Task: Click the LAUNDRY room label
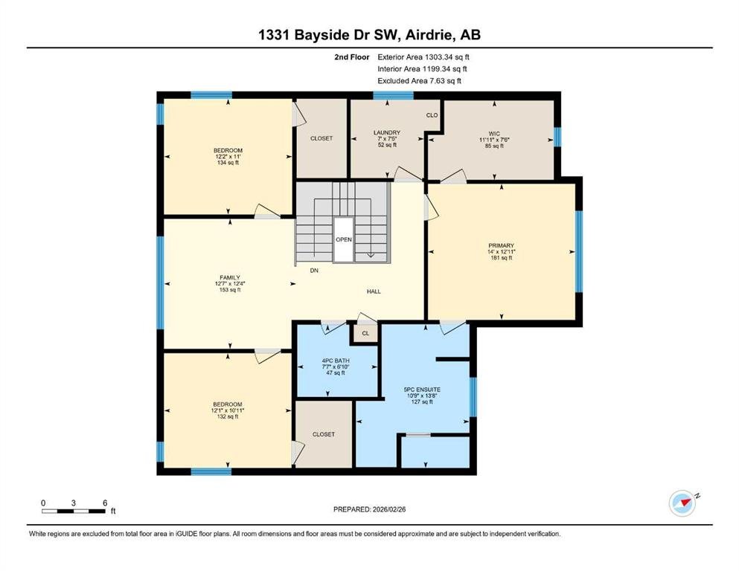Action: pos(387,133)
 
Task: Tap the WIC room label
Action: pos(494,134)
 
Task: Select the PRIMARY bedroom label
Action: pos(501,245)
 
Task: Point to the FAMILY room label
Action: pos(230,277)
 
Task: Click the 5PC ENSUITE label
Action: pos(422,390)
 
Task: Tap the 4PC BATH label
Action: pos(336,361)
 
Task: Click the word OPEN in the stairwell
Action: pos(344,239)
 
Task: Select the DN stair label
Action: pos(314,270)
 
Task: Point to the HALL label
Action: pos(374,291)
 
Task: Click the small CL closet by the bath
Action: pos(365,333)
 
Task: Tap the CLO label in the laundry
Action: pos(432,114)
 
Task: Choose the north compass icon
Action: pos(682,503)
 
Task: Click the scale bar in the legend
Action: pos(74,511)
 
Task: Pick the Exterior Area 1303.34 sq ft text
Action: pos(423,57)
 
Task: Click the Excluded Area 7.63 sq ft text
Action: pos(420,80)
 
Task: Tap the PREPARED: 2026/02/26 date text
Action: pos(369,509)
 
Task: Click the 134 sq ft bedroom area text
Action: pos(228,162)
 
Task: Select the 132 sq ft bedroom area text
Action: pos(228,416)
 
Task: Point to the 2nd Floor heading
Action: pos(351,57)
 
